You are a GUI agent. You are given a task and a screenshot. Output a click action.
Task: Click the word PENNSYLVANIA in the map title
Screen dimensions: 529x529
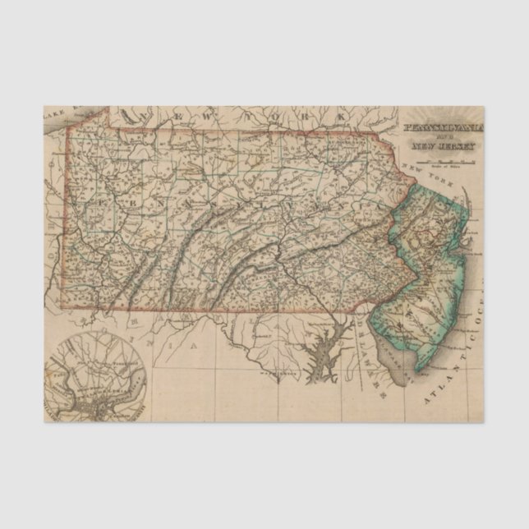[x=443, y=129]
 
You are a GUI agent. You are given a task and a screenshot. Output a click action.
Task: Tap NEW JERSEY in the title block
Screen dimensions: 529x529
[x=442, y=146]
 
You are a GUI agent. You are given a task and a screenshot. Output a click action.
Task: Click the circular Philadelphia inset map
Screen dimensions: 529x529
[x=97, y=375]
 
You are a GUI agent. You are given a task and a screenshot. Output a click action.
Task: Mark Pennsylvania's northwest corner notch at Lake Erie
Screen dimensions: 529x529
[x=66, y=130]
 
